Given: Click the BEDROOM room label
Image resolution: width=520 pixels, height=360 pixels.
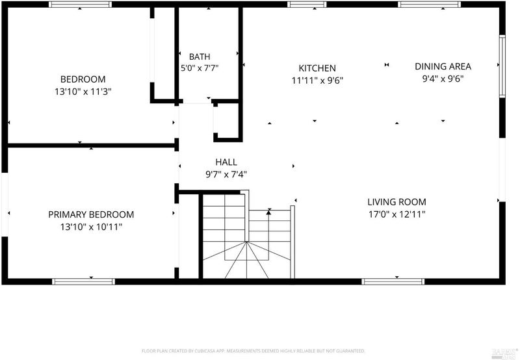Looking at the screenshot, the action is [x=83, y=79].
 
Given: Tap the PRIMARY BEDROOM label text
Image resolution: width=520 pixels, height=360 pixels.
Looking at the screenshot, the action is [x=91, y=214].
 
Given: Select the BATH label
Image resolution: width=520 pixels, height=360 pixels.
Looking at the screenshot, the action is [x=200, y=57].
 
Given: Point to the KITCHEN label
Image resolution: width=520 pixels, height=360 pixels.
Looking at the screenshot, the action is [x=317, y=68].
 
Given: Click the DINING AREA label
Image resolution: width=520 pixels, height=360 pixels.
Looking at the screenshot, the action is [x=443, y=66].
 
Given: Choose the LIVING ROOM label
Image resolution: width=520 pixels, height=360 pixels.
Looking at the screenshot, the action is [x=397, y=202].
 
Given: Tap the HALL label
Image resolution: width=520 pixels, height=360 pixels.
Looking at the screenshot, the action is [x=226, y=162].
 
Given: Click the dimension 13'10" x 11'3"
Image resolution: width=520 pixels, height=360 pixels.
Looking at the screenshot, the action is [x=83, y=92].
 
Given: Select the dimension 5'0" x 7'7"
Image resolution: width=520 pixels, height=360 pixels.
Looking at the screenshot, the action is [x=200, y=68].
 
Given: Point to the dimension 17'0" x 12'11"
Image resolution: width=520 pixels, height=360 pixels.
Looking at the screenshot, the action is [x=397, y=214].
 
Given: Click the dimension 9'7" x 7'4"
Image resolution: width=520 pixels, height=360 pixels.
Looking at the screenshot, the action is [x=226, y=174].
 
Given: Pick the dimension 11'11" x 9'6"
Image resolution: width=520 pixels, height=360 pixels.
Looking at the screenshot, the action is [x=317, y=81].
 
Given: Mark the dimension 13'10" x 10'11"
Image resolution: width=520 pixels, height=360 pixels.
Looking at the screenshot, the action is [x=91, y=227].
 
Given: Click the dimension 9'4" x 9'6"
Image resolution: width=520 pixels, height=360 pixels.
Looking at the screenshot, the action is [x=443, y=79].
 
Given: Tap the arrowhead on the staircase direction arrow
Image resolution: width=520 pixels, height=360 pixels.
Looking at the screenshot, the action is [x=269, y=211].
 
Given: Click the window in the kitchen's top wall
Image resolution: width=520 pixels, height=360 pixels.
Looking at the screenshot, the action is [x=307, y=5].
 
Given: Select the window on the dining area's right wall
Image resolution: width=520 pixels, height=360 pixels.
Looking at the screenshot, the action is [x=502, y=66].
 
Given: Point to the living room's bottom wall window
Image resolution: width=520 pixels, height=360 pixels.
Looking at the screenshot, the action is [x=393, y=282].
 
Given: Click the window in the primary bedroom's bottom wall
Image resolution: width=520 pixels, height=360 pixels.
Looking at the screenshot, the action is [x=84, y=282].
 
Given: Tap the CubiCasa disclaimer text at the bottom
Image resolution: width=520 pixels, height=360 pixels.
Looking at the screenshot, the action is [x=253, y=351].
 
